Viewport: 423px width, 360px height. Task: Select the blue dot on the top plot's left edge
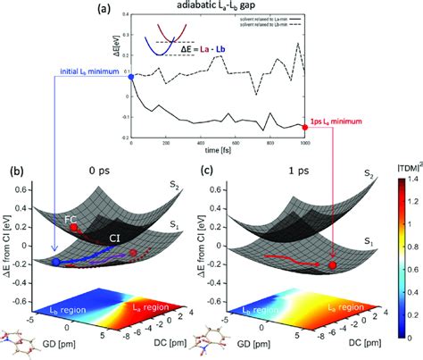[132, 77]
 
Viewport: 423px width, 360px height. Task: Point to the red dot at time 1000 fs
[307, 127]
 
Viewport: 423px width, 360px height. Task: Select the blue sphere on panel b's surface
[57, 262]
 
